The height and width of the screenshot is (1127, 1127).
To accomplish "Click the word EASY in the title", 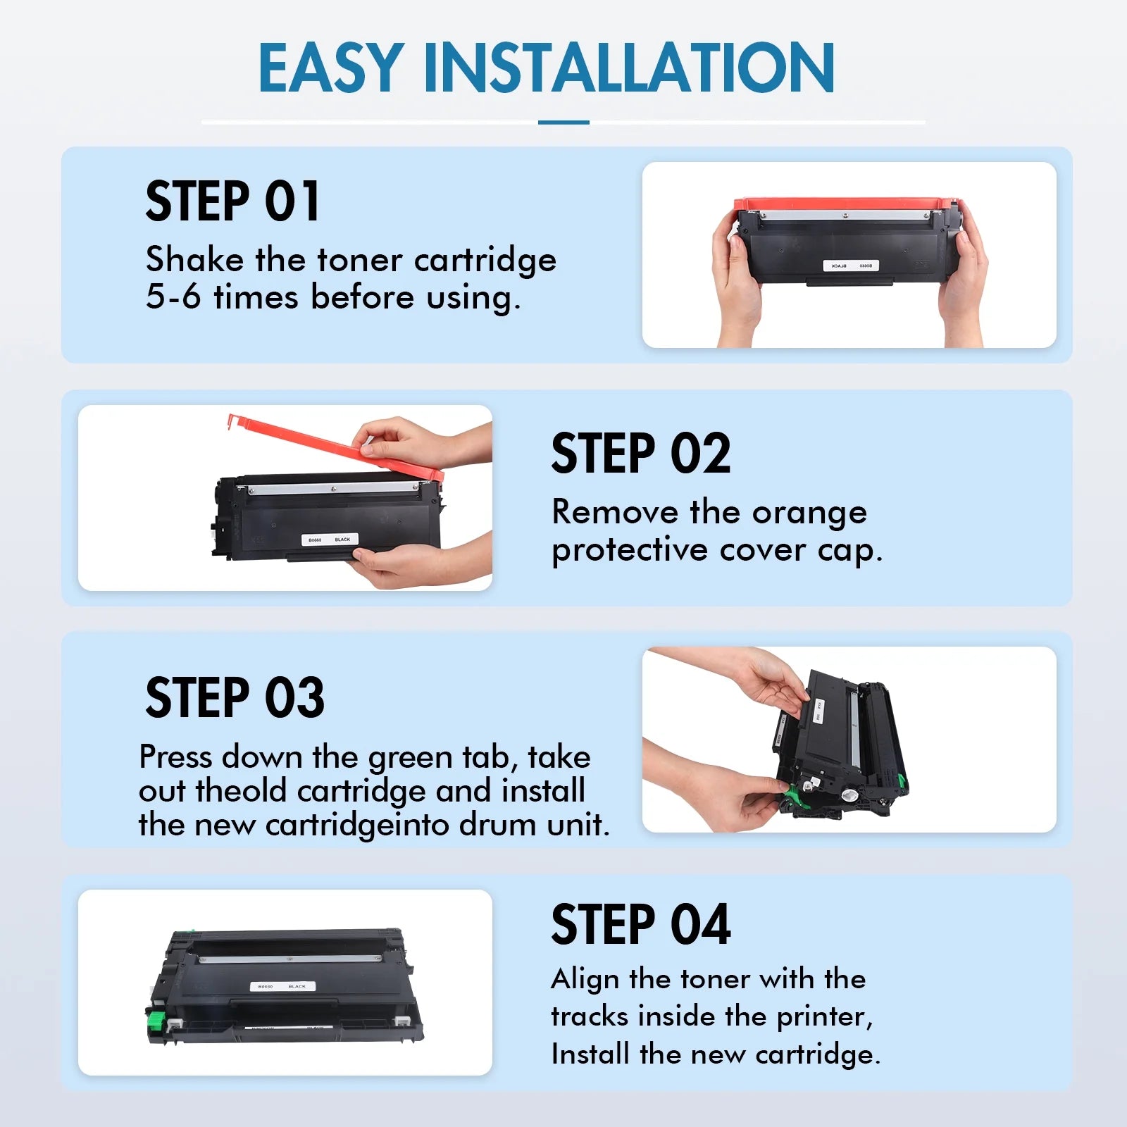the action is coord(331,68).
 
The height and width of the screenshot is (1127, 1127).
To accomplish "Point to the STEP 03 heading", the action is coord(235,697).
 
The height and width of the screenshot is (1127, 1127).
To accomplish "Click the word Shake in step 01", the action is coord(194,259).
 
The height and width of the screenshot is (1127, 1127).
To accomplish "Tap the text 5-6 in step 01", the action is coord(173,297).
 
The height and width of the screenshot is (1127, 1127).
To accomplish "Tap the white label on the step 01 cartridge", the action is coord(851,266).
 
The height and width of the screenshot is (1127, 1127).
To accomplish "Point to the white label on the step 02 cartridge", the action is coord(329,540).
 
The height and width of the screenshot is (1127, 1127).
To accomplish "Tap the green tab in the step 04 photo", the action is coord(157,1023).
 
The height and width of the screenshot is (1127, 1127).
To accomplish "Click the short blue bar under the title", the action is coord(563,123).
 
